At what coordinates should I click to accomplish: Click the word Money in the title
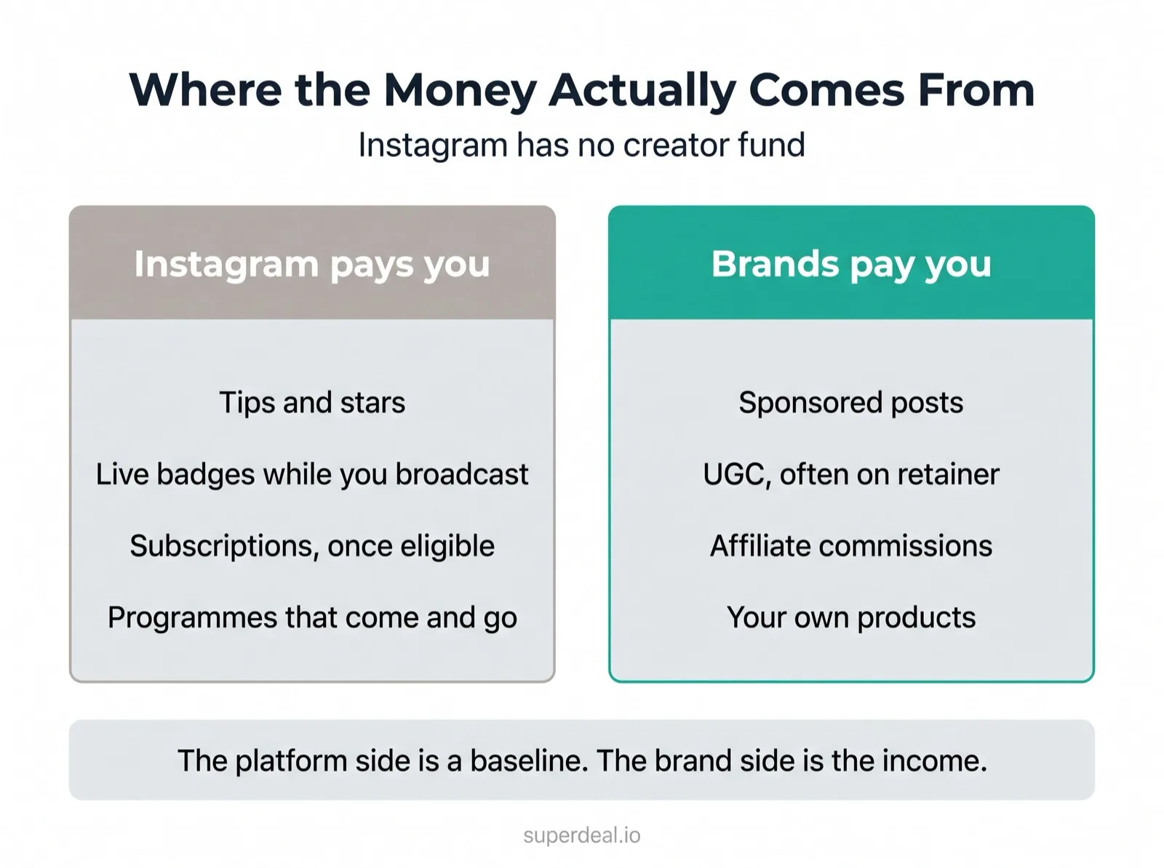(x=460, y=91)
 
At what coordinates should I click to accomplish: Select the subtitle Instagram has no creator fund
(x=582, y=145)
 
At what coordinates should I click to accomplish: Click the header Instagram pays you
(x=312, y=264)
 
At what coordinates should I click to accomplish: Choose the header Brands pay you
(x=851, y=264)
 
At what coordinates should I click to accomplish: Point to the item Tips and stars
(x=312, y=402)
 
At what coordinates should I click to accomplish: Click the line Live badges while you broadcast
(x=312, y=474)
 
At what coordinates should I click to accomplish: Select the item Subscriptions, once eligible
(x=312, y=546)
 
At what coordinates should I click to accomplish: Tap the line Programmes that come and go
(x=312, y=618)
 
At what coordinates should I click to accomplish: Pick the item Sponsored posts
(x=851, y=403)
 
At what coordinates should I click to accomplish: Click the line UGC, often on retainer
(x=851, y=474)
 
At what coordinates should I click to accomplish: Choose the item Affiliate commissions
(x=851, y=546)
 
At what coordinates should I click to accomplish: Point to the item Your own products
(x=851, y=618)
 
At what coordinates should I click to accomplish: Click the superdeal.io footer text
(x=582, y=835)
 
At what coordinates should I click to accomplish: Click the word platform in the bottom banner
(x=291, y=761)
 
